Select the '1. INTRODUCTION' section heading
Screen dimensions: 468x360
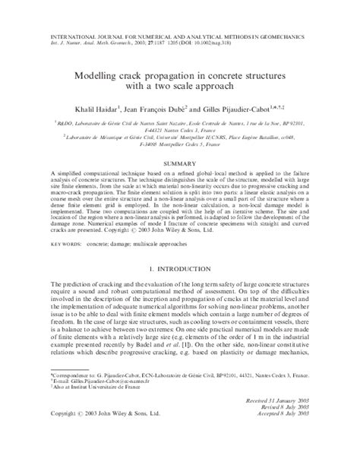point(179,269)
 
